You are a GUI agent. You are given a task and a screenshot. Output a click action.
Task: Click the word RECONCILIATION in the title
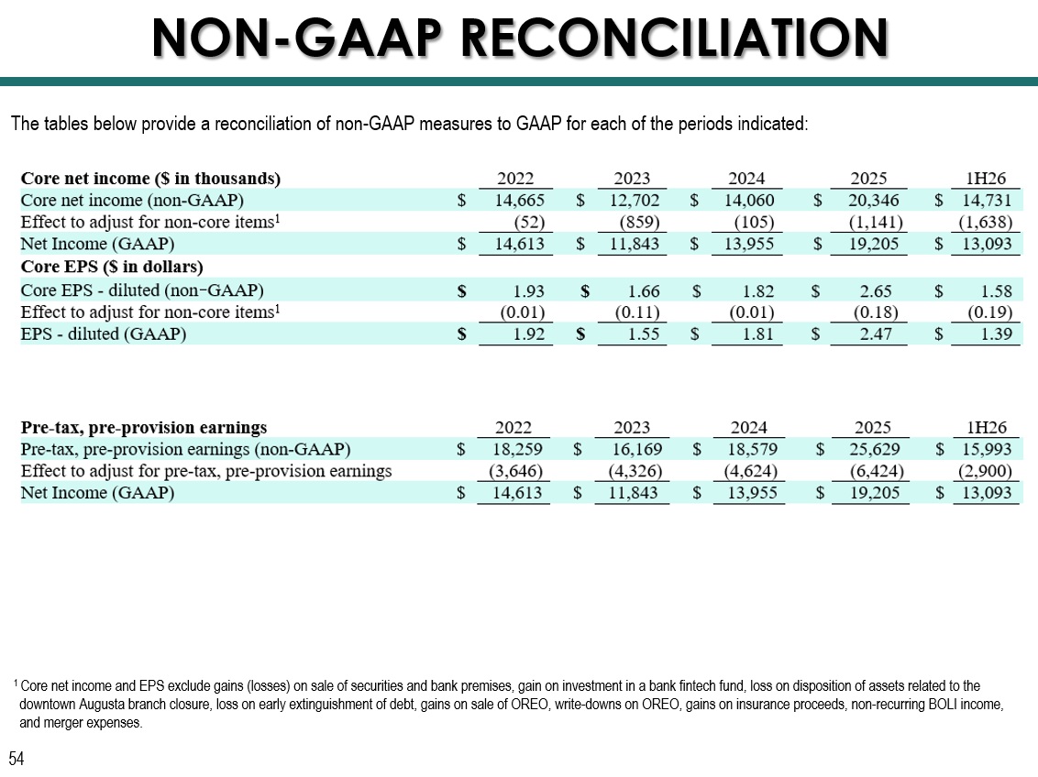click(x=675, y=38)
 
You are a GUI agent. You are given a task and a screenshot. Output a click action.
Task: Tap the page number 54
click(x=16, y=758)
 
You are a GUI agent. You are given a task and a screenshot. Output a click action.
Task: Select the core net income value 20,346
click(x=873, y=201)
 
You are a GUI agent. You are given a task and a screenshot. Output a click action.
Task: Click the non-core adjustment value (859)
click(x=639, y=222)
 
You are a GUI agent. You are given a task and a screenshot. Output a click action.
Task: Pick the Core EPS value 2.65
click(x=875, y=291)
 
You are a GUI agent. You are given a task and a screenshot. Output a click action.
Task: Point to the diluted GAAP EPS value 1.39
click(x=997, y=334)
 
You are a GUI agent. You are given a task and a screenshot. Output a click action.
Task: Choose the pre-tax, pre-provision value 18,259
click(x=517, y=450)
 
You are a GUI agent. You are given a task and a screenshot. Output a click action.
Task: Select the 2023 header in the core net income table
click(x=632, y=179)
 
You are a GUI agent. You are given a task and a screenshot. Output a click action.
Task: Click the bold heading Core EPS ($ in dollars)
click(x=112, y=267)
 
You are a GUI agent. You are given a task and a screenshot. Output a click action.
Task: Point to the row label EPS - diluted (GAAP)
click(x=104, y=334)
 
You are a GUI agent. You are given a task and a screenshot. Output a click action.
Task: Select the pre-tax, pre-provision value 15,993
click(x=987, y=450)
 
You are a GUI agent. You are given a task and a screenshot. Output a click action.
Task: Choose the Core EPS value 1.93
click(x=528, y=291)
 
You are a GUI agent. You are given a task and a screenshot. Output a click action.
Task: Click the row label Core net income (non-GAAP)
click(x=132, y=201)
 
